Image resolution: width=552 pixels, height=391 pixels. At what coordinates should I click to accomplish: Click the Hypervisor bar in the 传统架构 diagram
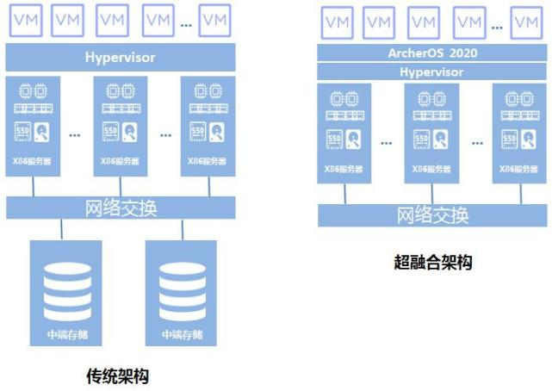[121, 58]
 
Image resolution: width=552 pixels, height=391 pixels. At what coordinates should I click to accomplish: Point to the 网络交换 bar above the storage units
[121, 208]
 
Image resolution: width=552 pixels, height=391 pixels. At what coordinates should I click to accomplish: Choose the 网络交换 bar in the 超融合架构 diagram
[432, 215]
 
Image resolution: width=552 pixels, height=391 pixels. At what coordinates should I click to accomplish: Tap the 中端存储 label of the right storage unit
[183, 334]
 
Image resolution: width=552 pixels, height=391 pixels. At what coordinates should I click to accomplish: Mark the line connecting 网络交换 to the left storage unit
[61, 229]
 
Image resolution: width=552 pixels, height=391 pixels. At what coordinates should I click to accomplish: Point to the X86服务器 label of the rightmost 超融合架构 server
[520, 168]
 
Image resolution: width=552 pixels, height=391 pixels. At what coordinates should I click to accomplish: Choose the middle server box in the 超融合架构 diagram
[432, 133]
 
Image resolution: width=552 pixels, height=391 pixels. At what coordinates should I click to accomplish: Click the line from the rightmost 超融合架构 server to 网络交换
[520, 194]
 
